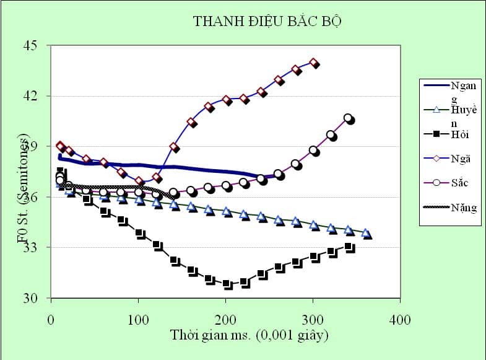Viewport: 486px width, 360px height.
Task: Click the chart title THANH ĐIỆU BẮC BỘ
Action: [267, 21]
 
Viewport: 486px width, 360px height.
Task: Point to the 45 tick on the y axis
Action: [30, 45]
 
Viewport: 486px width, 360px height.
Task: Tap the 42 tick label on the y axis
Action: [30, 96]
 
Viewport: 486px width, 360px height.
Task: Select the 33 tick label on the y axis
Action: [30, 247]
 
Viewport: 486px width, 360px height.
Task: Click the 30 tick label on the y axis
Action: [30, 298]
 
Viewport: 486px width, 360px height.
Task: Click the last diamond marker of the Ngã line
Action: [314, 63]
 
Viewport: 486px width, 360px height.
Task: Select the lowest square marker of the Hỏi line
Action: [228, 284]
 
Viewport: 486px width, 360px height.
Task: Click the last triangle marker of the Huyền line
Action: [367, 234]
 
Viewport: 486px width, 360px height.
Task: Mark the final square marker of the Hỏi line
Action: [350, 248]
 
